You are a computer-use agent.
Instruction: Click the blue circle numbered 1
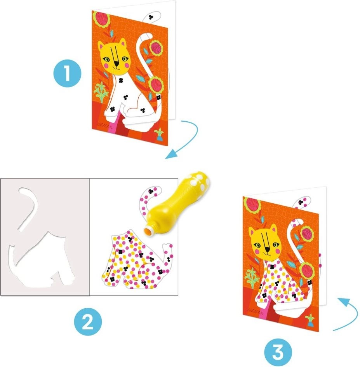(68, 73)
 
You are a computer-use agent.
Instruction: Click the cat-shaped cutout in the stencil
(42, 260)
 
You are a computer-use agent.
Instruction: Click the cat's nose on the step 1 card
(116, 63)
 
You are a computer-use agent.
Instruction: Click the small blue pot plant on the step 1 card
(160, 135)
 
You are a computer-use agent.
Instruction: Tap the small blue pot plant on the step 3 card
(311, 320)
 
